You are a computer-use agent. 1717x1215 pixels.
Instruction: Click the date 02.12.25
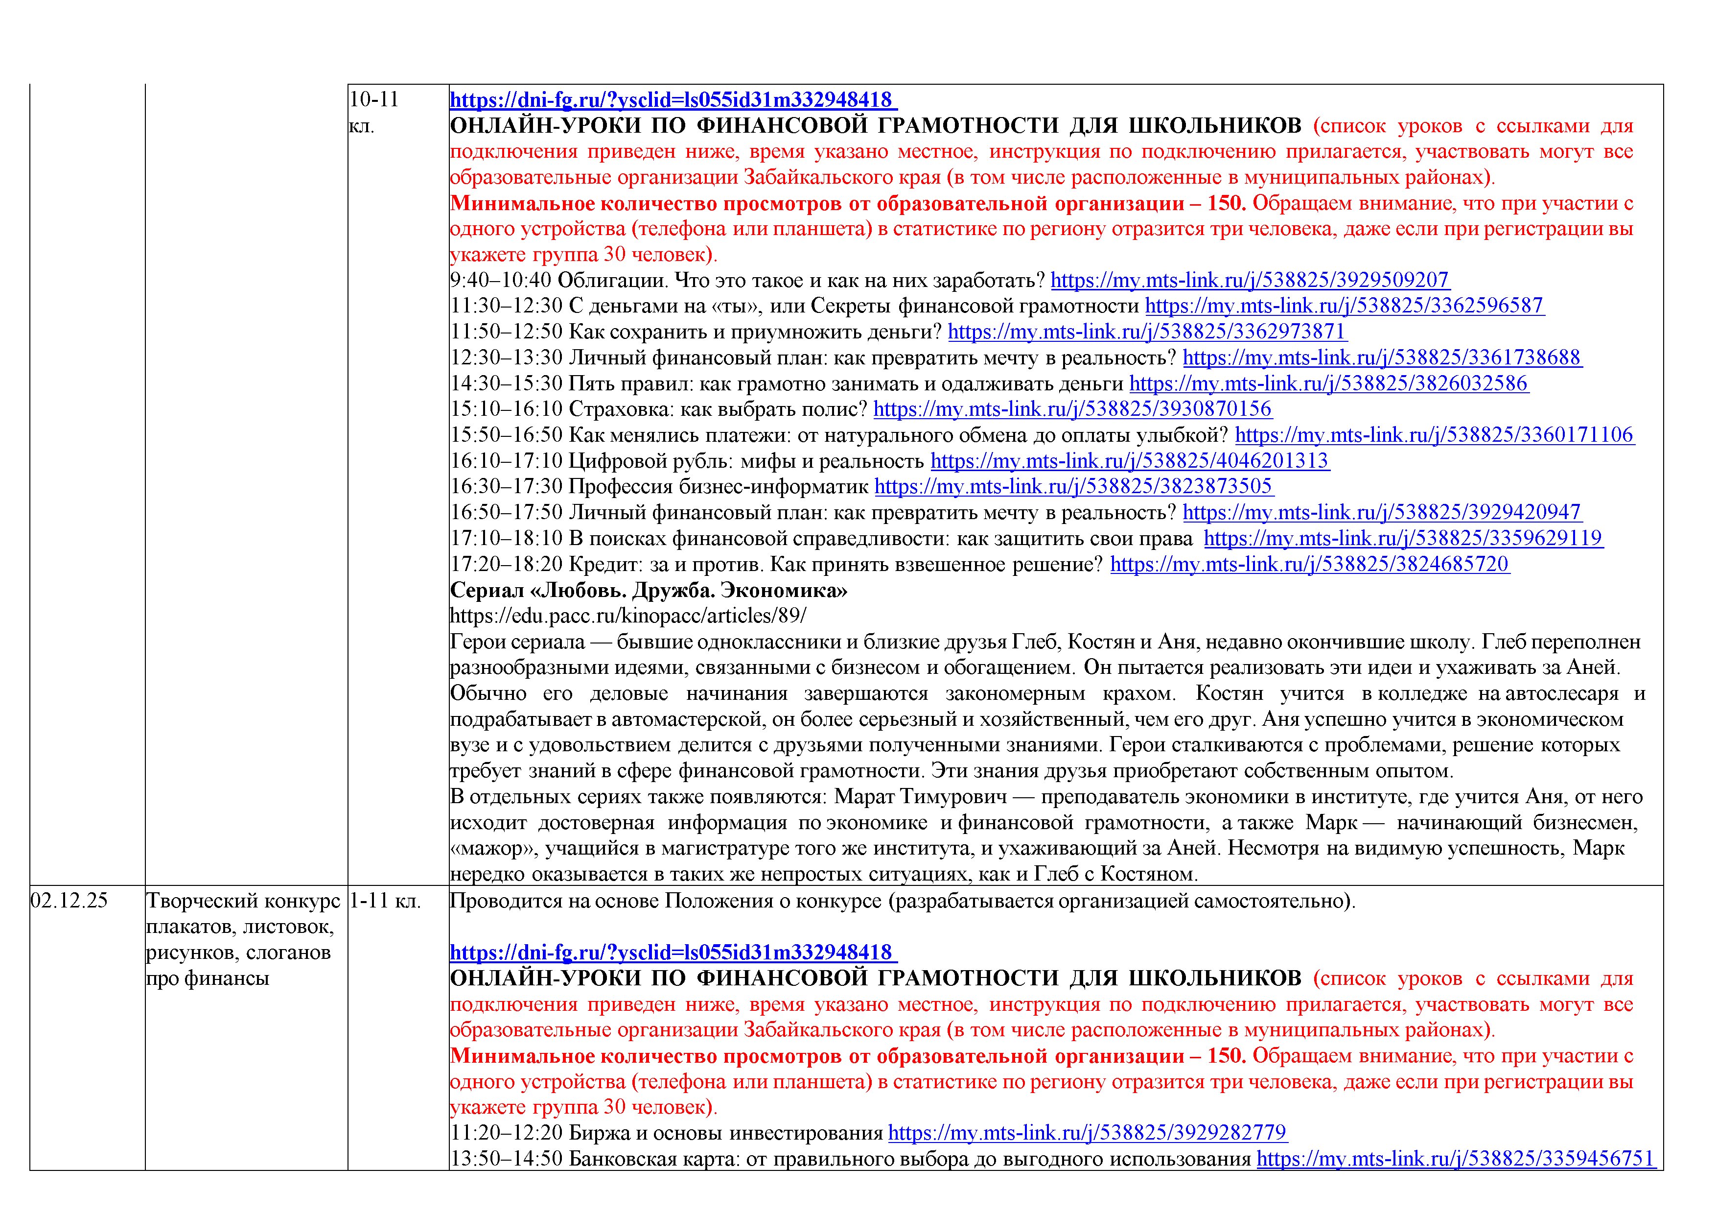tap(69, 901)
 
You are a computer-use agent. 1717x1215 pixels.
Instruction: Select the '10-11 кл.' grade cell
tap(374, 112)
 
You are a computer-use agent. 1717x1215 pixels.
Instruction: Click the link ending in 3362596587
tap(1345, 306)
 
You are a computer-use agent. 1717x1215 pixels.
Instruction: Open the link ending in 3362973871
tap(1147, 332)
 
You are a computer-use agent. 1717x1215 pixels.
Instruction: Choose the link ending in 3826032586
tap(1328, 384)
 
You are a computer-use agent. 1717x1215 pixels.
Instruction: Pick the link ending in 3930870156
tap(1072, 409)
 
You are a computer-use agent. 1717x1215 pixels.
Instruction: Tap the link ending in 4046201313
tap(1129, 461)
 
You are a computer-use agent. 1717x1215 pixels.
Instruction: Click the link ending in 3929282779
tap(1088, 1133)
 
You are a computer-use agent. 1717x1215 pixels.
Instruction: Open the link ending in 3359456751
tap(1455, 1159)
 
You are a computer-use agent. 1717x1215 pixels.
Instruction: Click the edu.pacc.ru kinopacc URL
tap(628, 616)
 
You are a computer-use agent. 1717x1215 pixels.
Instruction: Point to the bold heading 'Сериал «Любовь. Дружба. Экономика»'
tap(649, 590)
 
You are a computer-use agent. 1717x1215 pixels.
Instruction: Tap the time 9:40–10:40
tap(501, 281)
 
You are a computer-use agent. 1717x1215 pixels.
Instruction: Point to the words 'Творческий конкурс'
tap(243, 901)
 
